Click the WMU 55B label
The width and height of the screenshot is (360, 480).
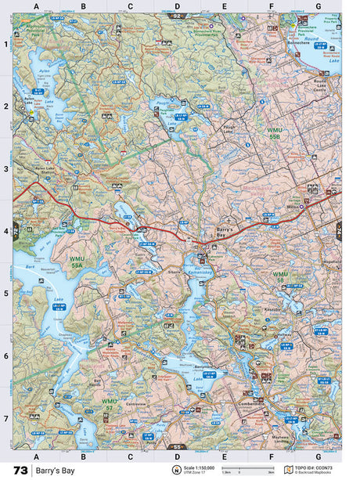click(x=274, y=134)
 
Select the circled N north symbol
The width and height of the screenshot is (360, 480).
click(x=176, y=470)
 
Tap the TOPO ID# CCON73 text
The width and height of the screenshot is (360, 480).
click(x=316, y=467)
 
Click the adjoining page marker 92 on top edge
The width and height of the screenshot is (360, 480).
click(x=177, y=15)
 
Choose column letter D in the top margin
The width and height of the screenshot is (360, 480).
click(x=177, y=7)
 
